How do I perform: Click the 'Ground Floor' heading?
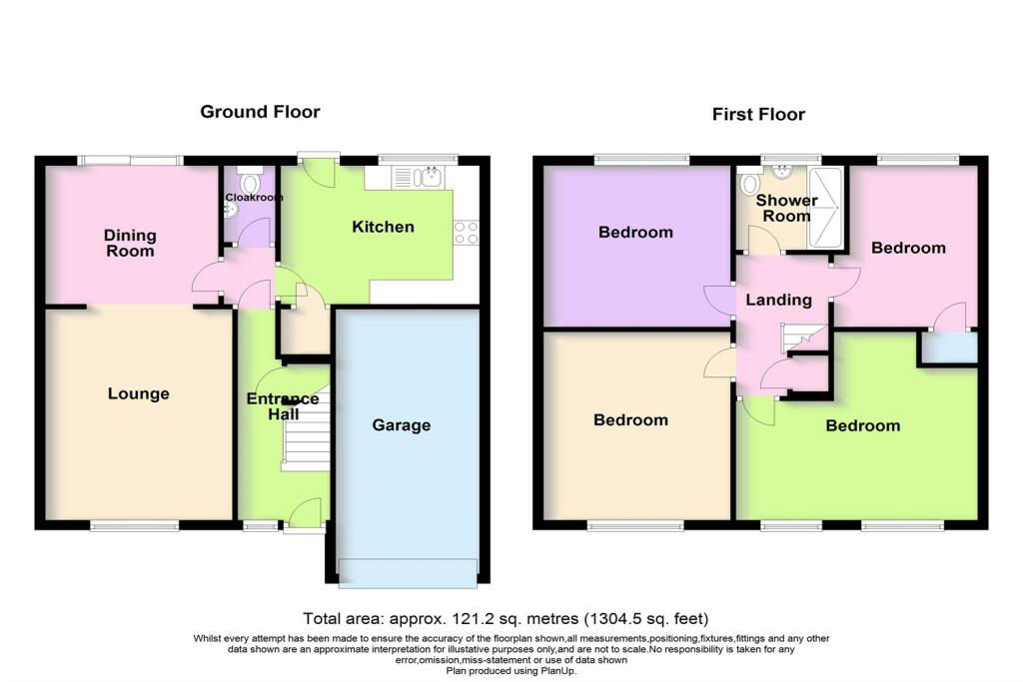pos(260,112)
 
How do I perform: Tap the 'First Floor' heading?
pos(758,114)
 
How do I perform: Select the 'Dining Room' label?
pos(131,243)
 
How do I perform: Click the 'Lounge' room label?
pos(138,393)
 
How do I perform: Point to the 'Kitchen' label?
pos(383,227)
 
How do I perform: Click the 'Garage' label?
pos(401,425)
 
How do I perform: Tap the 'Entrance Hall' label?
pos(283,406)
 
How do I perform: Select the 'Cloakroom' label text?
pos(255,198)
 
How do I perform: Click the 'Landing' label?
pos(780,300)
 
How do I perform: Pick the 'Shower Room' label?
pos(786,208)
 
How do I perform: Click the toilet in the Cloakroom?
pos(252,182)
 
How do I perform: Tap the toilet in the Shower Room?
pos(749,184)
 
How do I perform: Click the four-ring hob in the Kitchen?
pos(466,233)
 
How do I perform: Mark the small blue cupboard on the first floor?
pos(948,347)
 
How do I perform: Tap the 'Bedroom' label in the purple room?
pos(635,232)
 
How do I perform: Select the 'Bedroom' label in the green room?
pos(862,425)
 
